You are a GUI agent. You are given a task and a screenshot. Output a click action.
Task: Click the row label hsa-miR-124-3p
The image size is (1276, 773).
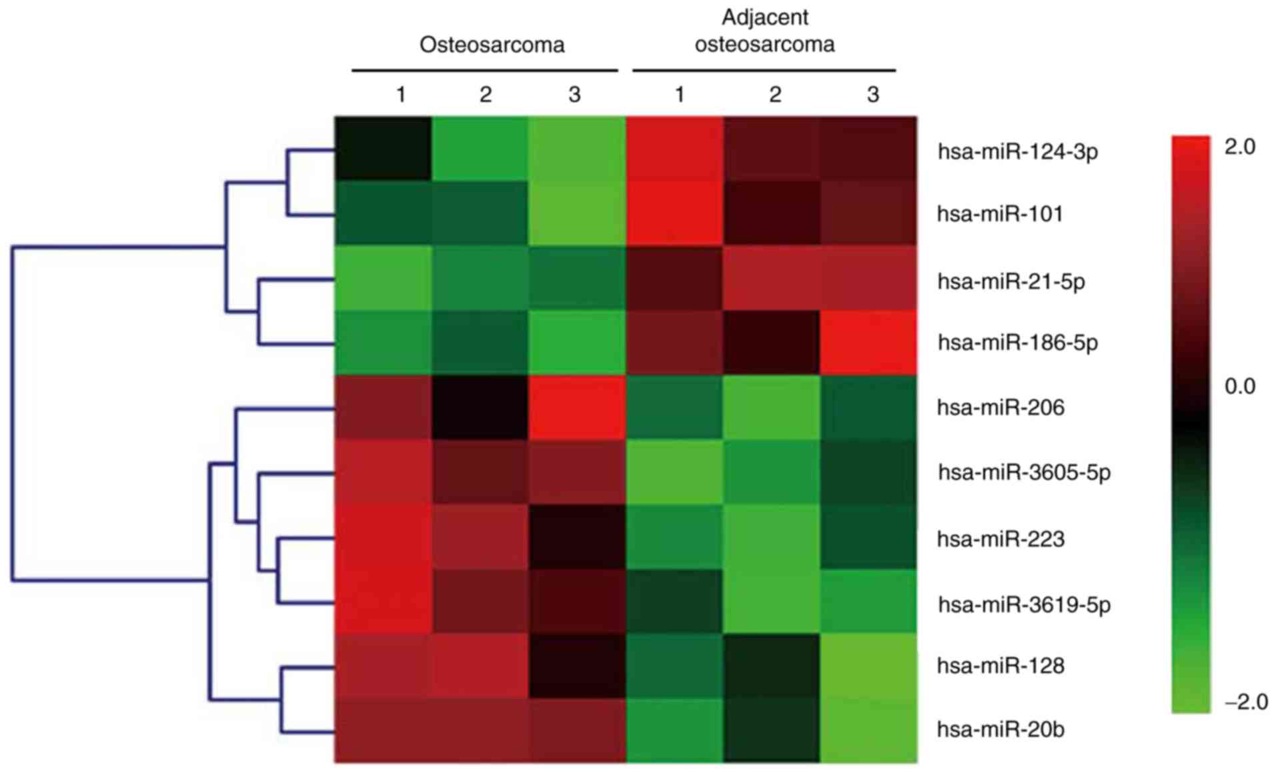click(1017, 152)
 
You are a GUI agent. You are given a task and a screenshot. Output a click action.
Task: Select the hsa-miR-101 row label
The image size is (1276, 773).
click(999, 214)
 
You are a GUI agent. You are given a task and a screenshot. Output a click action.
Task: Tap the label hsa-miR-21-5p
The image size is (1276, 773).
click(1011, 281)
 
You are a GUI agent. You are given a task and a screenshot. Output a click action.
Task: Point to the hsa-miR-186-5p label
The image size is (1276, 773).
click(1017, 343)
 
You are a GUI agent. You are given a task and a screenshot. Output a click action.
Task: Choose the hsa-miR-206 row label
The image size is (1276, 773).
click(1000, 407)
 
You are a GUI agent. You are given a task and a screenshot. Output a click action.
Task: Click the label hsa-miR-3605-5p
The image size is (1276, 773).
click(1024, 472)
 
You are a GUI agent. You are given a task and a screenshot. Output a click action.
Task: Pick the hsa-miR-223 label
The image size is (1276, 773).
click(1000, 538)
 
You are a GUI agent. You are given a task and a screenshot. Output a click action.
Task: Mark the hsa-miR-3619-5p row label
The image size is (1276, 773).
click(1024, 604)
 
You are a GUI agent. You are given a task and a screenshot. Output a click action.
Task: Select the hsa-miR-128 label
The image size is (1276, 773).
click(1000, 666)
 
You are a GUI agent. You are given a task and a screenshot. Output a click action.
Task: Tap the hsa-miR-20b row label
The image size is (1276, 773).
click(1000, 729)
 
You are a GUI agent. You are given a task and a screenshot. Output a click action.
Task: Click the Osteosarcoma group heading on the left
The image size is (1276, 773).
click(492, 45)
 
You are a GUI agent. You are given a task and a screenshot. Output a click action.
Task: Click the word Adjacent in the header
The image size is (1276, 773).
click(764, 17)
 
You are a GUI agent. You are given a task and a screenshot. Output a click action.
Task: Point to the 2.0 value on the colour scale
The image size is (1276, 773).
click(1239, 147)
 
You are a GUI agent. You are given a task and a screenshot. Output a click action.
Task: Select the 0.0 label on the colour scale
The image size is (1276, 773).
click(1239, 386)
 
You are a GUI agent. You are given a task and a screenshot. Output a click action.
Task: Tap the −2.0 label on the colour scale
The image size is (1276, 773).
click(1245, 702)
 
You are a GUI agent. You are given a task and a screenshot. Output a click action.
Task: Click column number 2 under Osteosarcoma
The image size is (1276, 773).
click(485, 95)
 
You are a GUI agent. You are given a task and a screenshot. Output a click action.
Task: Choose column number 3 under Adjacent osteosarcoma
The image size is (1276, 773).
click(872, 95)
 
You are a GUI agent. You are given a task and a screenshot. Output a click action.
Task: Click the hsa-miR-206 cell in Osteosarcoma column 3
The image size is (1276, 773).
click(577, 407)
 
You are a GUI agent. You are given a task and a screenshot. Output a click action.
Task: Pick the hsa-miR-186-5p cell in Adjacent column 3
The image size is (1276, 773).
click(868, 343)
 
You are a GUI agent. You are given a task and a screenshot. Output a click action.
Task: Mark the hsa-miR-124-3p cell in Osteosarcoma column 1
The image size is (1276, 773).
click(383, 149)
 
